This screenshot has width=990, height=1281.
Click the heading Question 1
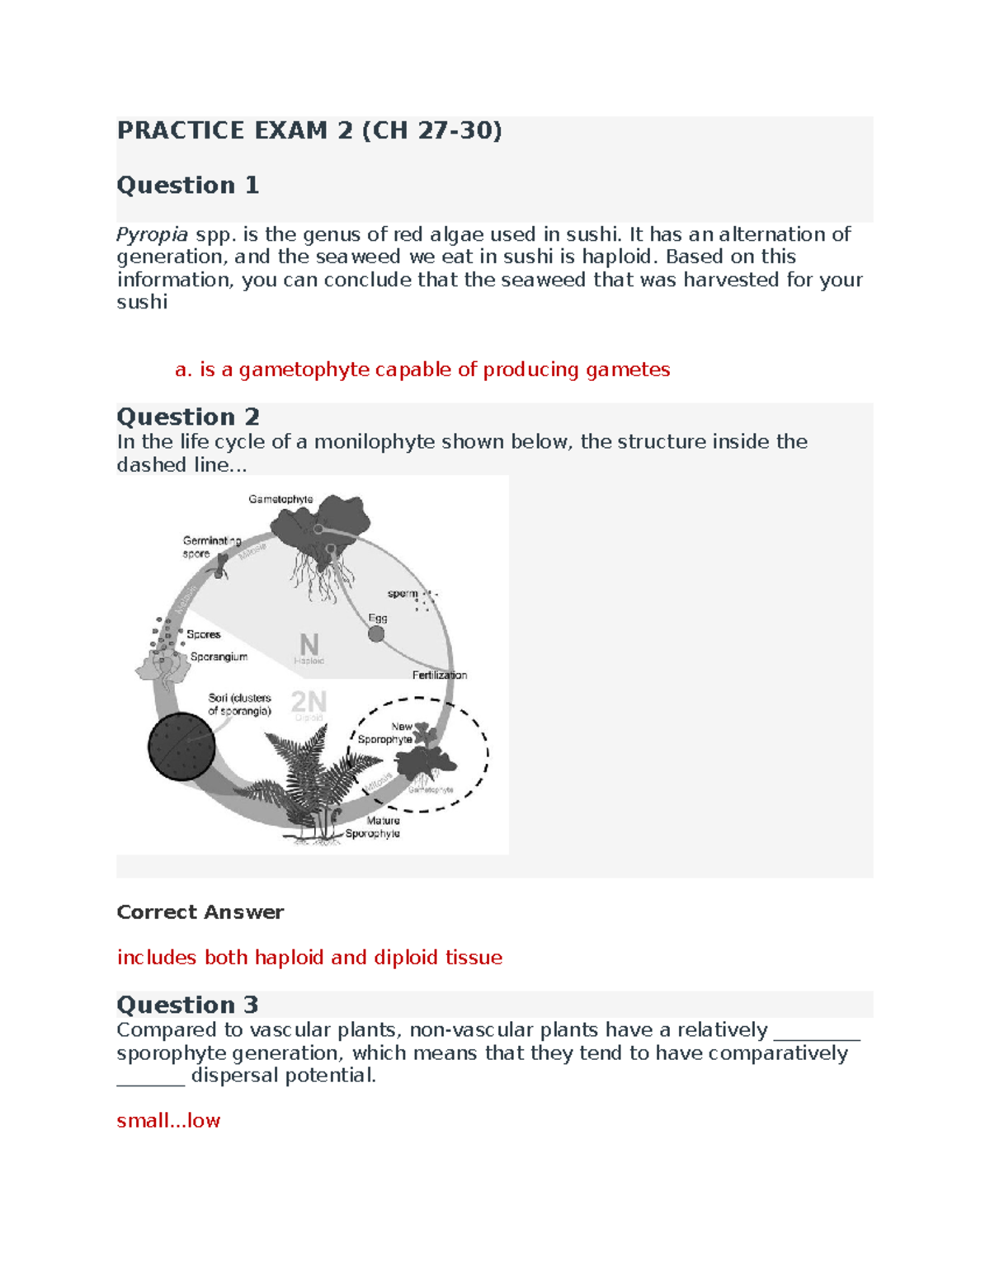[x=188, y=185]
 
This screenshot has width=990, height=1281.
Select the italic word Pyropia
[x=153, y=234]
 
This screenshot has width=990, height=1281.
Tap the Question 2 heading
[x=188, y=417]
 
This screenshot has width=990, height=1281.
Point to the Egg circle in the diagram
[x=376, y=633]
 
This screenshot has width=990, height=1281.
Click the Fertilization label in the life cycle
[x=440, y=675]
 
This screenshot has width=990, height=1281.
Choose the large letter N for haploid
[x=309, y=644]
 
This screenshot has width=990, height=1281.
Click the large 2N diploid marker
[x=309, y=702]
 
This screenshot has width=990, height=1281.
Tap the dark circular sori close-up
[x=181, y=746]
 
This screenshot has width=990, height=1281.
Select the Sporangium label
[x=219, y=657]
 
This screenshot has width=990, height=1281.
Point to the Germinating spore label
[x=211, y=547]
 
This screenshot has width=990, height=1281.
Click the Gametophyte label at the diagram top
[x=280, y=499]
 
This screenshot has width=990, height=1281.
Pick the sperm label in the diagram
[x=403, y=593]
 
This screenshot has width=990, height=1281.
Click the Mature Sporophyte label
[x=375, y=827]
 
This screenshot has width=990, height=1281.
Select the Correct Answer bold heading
[x=200, y=912]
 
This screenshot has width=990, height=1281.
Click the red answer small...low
[x=168, y=1120]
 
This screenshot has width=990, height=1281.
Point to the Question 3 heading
[x=187, y=1005]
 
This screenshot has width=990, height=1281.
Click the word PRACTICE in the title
[x=181, y=130]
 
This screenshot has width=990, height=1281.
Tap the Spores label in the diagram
[x=203, y=634]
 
